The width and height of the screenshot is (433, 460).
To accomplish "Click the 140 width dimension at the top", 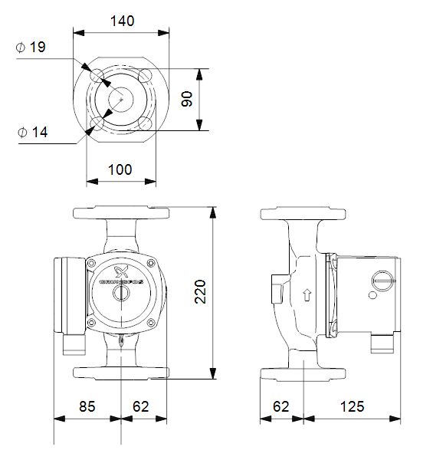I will (120, 21).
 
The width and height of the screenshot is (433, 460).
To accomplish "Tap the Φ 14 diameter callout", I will (32, 133).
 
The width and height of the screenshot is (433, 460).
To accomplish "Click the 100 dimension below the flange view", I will (120, 169).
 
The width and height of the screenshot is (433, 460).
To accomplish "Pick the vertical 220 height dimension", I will (201, 291).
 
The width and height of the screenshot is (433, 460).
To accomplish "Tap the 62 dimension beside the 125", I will (281, 406).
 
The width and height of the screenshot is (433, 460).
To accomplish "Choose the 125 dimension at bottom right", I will (353, 406).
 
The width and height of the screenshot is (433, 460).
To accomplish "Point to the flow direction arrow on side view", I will (307, 294).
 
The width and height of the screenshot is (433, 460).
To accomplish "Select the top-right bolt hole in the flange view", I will (146, 76).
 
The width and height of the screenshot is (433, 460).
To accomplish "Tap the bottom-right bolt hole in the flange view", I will (146, 123).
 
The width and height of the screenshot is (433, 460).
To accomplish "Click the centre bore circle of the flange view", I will (121, 99).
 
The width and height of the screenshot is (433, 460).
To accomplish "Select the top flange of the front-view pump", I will (120, 212).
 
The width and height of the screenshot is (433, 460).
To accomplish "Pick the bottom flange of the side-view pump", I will (304, 373).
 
